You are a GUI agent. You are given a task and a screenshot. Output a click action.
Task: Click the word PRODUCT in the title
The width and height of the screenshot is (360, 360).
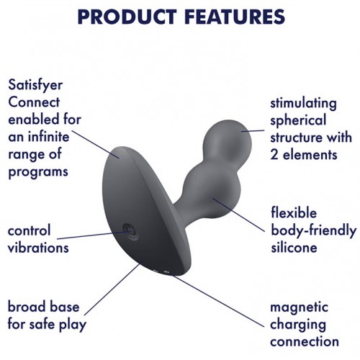tap(127, 17)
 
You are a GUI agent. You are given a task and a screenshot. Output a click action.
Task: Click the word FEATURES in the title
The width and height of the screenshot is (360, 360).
tap(235, 17)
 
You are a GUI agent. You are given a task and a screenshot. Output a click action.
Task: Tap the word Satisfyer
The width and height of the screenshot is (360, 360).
tap(35, 86)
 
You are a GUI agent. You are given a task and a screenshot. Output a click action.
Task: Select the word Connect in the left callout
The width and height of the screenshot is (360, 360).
tap(34, 102)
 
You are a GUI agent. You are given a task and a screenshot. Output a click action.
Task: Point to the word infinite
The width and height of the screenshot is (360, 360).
tap(49, 137)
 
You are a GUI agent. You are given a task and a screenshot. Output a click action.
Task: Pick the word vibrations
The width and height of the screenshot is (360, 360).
tap(38, 248)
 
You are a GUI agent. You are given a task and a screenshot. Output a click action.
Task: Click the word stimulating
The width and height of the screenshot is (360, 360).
tap(303, 104)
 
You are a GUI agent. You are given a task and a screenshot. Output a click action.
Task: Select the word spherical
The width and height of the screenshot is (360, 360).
tap(298, 121)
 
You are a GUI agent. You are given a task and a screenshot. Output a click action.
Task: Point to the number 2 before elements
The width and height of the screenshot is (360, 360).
tap(274, 155)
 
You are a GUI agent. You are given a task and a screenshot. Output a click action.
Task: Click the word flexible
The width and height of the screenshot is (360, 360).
tap(294, 213)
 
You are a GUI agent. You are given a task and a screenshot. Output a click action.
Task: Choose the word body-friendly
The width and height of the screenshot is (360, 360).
tap(313, 230)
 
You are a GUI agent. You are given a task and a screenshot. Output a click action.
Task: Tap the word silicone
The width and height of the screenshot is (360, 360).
tap(294, 248)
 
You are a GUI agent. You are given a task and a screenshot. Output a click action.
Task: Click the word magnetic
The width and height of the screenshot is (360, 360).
tap(299, 307)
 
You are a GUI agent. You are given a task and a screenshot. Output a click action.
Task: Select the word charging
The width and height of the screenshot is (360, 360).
tap(298, 325)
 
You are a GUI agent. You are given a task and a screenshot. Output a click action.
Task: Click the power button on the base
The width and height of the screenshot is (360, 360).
tap(130, 232)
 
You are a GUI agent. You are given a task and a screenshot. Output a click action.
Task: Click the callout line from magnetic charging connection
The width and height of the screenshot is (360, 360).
tap(217, 301)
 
